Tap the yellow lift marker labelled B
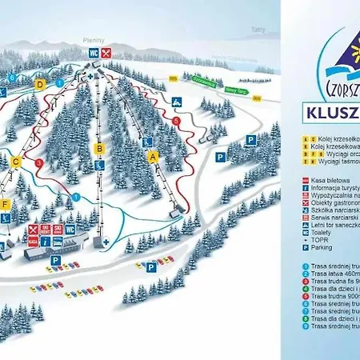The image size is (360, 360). point(99,149)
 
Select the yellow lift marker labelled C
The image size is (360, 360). point(15,162)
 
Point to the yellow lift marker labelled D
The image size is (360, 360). point(39,83)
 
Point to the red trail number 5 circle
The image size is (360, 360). point(175,121)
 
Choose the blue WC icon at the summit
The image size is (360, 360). point(94,53)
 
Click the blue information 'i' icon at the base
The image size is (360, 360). point(46,241)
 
